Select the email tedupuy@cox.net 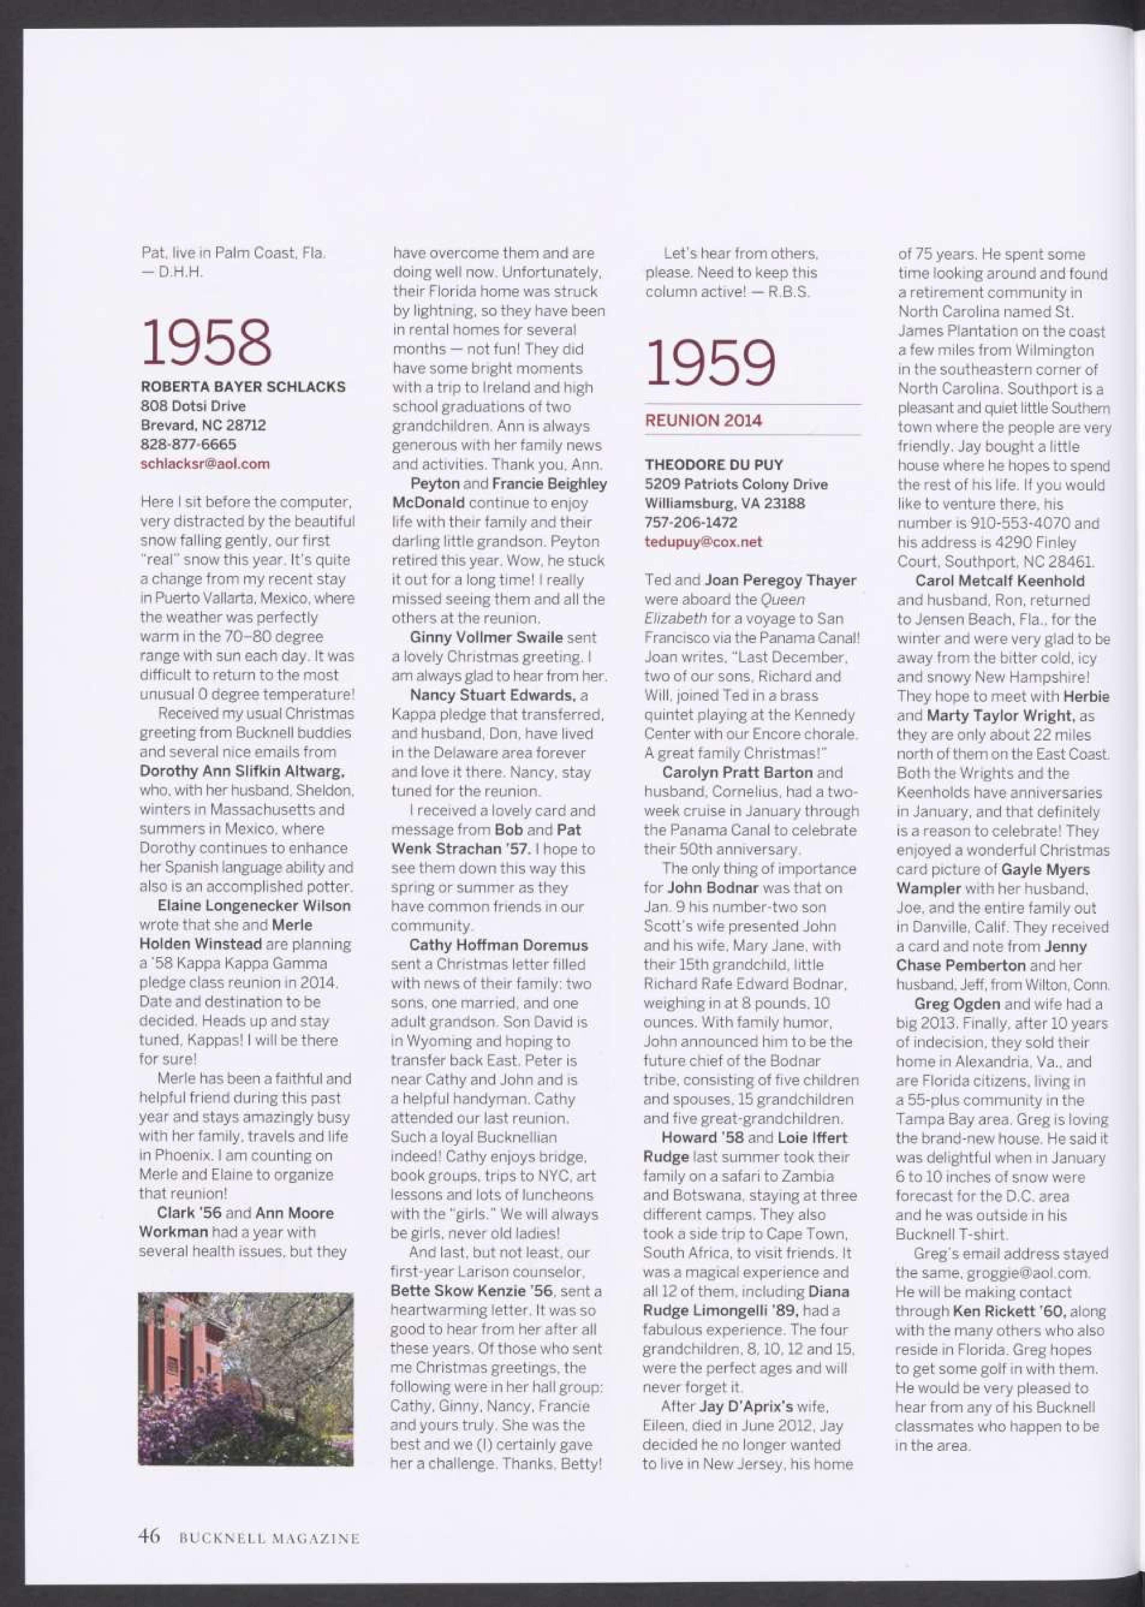(x=703, y=542)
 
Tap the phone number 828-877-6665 (x=188, y=444)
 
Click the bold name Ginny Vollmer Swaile (x=486, y=637)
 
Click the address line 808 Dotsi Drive (x=193, y=406)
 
